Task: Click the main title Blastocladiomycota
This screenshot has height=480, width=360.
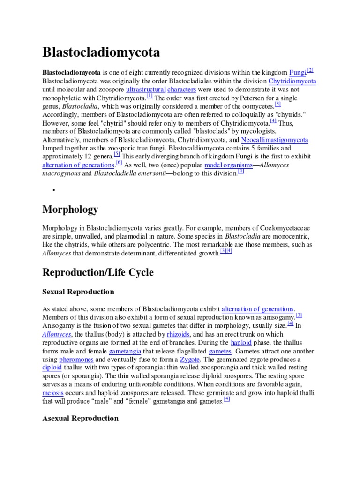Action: tap(101, 52)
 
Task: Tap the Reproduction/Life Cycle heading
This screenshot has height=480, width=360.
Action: tap(98, 272)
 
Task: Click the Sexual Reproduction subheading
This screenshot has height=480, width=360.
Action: tap(78, 292)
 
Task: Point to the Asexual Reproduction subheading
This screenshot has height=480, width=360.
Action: tap(81, 418)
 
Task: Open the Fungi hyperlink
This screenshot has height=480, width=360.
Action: tap(298, 73)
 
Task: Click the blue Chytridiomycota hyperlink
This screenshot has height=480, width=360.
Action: tap(292, 81)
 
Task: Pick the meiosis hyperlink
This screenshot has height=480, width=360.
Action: tap(52, 393)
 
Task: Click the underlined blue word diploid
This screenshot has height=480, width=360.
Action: tap(52, 368)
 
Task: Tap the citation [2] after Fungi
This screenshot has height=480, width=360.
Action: tap(310, 70)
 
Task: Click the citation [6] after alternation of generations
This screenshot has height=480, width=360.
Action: tap(119, 163)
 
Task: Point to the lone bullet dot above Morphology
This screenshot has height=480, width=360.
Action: tap(54, 190)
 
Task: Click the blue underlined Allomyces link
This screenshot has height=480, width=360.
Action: tap(57, 334)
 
